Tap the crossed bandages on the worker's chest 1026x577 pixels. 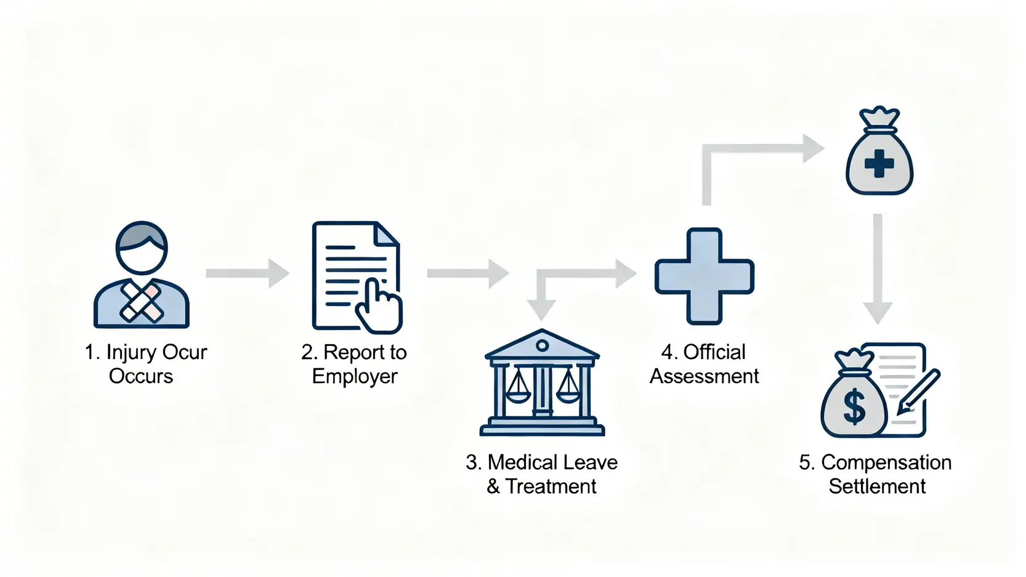(x=142, y=302)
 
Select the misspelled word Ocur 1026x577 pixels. (x=184, y=352)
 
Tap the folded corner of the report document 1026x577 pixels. (x=386, y=235)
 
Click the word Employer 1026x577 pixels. (x=355, y=376)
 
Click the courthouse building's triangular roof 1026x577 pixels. (x=542, y=345)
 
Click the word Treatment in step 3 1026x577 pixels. (x=551, y=486)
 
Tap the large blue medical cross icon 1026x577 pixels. (x=704, y=276)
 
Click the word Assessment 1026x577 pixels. (x=704, y=376)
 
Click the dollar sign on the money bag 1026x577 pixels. (x=854, y=407)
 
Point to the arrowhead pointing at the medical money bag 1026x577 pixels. (x=813, y=148)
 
